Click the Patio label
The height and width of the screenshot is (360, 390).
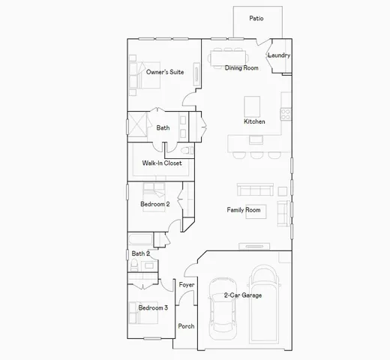click(256, 16)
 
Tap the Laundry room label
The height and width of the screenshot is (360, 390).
click(279, 55)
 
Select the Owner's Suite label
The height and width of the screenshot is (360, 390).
click(165, 72)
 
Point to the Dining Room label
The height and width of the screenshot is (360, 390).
click(241, 68)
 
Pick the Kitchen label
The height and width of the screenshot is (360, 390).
click(254, 121)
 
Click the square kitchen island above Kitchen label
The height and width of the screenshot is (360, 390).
click(253, 103)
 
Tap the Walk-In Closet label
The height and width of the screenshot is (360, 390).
click(162, 163)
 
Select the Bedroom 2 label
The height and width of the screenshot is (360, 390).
click(155, 204)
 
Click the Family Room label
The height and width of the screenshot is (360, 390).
click(244, 210)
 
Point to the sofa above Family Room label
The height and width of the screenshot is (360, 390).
click(253, 189)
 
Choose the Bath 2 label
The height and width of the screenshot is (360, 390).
click(141, 254)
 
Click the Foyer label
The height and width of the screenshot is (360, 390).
click(187, 285)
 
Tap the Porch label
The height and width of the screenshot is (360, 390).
click(186, 326)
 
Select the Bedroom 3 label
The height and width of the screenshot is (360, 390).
click(153, 307)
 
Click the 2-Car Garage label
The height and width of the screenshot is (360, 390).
click(243, 295)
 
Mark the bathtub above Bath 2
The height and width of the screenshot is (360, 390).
click(140, 240)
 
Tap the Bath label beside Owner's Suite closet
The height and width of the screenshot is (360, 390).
click(163, 127)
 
